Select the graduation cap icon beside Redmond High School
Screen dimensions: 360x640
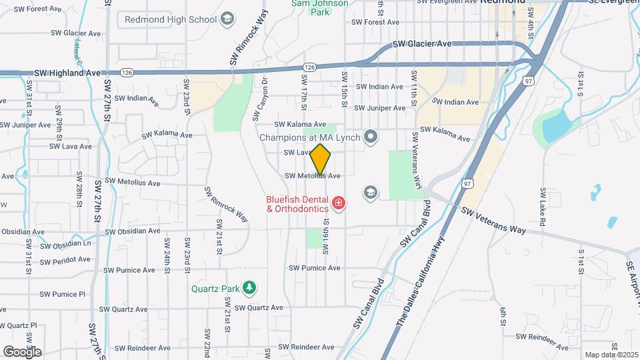pyautogui.click(x=228, y=19)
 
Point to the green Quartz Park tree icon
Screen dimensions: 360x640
pyautogui.click(x=249, y=288)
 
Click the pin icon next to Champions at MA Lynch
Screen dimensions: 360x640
pyautogui.click(x=371, y=138)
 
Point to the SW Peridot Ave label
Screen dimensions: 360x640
pyautogui.click(x=65, y=259)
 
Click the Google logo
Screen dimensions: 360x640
pyautogui.click(x=22, y=351)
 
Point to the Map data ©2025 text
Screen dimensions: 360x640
pyautogui.click(x=611, y=355)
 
